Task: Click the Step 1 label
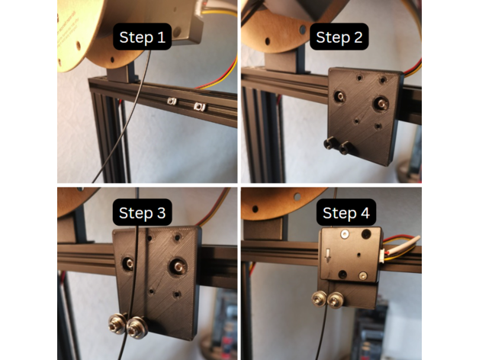click(143, 37)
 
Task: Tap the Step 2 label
click(339, 37)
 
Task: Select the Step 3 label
click(143, 212)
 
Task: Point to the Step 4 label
click(346, 212)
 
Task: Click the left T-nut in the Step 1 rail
click(172, 101)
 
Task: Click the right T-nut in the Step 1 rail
click(200, 107)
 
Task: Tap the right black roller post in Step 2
click(345, 147)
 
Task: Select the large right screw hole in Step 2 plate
click(381, 104)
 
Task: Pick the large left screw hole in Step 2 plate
click(339, 97)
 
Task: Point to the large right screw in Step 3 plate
click(178, 268)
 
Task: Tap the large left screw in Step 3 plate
click(130, 263)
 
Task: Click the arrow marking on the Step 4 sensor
click(327, 256)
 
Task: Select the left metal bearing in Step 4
click(320, 298)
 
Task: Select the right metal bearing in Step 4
click(336, 300)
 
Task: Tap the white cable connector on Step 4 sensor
click(381, 255)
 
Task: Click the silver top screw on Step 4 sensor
click(345, 234)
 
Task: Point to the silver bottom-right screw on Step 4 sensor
click(362, 275)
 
